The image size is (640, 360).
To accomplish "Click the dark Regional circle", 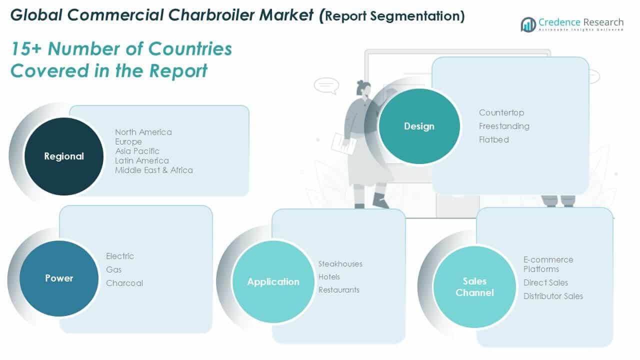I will tap(64, 156).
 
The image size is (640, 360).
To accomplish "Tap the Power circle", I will tap(59, 278).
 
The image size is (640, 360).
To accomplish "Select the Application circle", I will tap(273, 281).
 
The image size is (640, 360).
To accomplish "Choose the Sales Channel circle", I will tap(474, 286).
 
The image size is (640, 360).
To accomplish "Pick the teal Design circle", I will tap(419, 126).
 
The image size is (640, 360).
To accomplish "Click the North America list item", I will tap(143, 132).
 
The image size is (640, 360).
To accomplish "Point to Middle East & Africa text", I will tap(153, 170).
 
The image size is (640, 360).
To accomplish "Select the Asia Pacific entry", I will tap(137, 151).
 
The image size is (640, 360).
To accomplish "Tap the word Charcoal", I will tap(124, 283).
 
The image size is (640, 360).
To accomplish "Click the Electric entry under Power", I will tap(120, 256).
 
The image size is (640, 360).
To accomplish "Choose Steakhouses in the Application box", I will tap(340, 264).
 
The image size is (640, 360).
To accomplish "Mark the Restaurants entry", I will tap(338, 290).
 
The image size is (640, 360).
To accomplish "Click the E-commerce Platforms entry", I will tap(548, 264).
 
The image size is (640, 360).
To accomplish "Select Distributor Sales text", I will tap(553, 296).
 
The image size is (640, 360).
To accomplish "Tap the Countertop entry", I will tap(501, 112).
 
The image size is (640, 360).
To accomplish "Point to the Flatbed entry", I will tap(493, 139).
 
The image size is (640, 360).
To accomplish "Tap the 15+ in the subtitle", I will tap(26, 49).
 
